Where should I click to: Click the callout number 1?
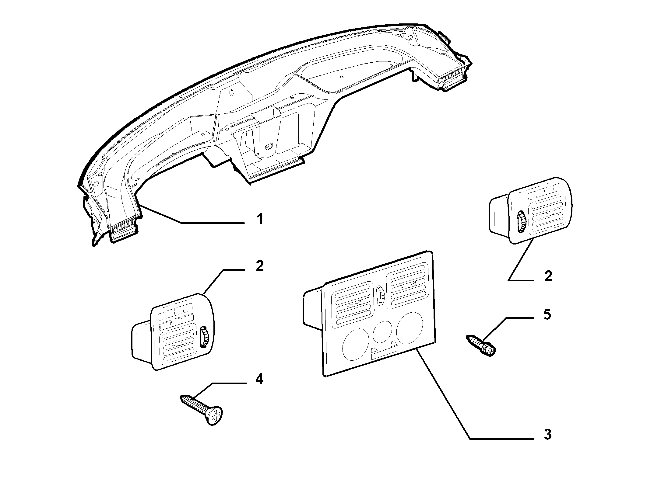pyautogui.click(x=259, y=219)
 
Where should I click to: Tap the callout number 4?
pyautogui.click(x=259, y=380)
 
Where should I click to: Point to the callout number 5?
pyautogui.click(x=547, y=314)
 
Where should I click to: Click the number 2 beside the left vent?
pyautogui.click(x=259, y=266)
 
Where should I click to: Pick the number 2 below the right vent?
pyautogui.click(x=548, y=276)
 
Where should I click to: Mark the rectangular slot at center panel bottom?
pyautogui.click(x=384, y=356)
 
